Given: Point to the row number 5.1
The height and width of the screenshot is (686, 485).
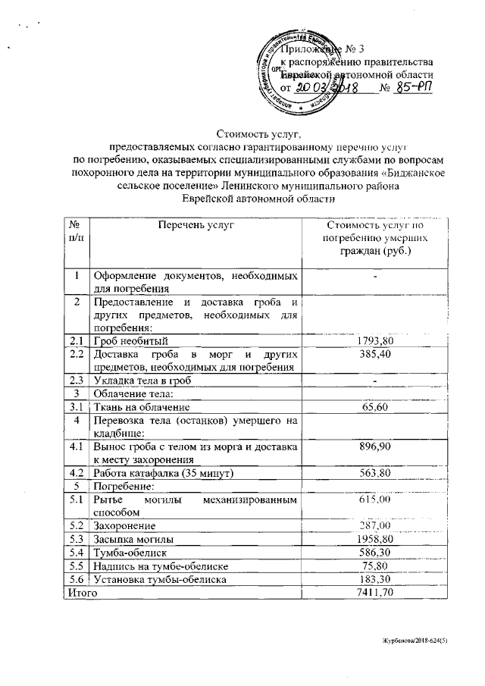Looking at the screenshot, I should pyautogui.click(x=75, y=500).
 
